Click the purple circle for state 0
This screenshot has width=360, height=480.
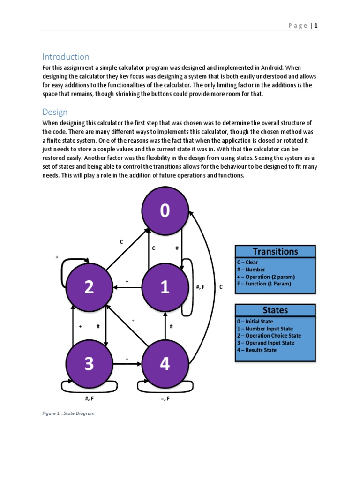[165, 211]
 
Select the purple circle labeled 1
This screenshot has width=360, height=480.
[165, 287]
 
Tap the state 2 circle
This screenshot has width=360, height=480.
[89, 287]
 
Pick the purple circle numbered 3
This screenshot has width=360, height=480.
[89, 364]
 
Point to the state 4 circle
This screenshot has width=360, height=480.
[165, 364]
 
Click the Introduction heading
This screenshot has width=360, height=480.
[66, 57]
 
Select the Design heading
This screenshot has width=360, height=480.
[55, 112]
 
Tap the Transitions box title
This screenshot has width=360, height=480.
[275, 251]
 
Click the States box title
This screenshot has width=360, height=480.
[275, 310]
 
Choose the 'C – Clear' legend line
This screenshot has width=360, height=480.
[247, 262]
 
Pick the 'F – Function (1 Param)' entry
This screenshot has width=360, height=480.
[264, 284]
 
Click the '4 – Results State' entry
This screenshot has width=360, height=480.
[257, 350]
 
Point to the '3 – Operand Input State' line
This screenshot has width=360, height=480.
[265, 343]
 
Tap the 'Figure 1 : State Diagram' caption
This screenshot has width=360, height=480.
[68, 413]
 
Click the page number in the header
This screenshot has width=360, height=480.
[316, 26]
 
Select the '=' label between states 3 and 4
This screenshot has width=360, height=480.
[127, 359]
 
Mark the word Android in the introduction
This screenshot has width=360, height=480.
[269, 67]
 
